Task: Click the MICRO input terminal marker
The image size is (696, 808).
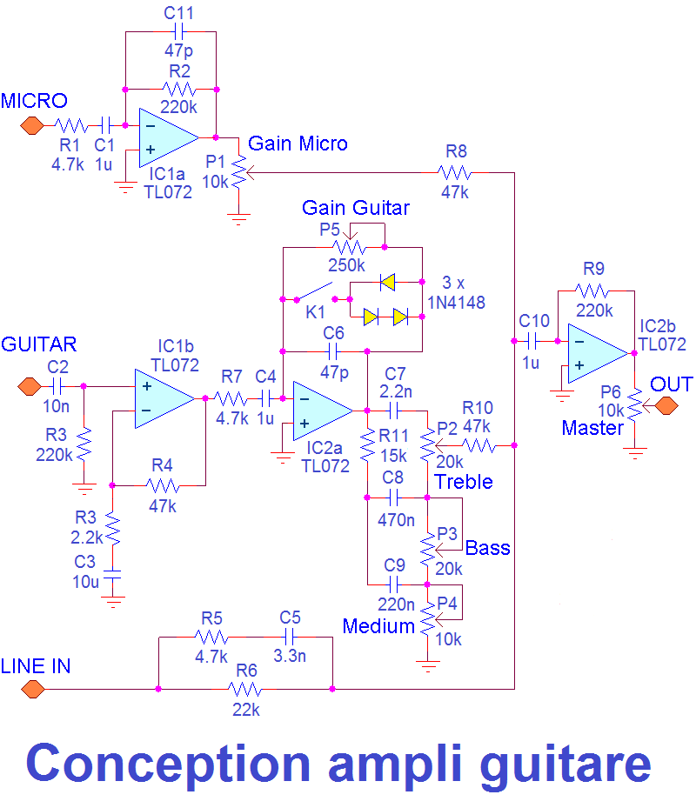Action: (32, 125)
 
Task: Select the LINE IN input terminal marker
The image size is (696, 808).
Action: (32, 689)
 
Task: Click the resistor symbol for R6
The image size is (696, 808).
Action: (245, 689)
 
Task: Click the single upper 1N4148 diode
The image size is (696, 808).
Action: (386, 282)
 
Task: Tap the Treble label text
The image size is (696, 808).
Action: (464, 481)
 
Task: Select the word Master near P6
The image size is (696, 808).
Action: (592, 428)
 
